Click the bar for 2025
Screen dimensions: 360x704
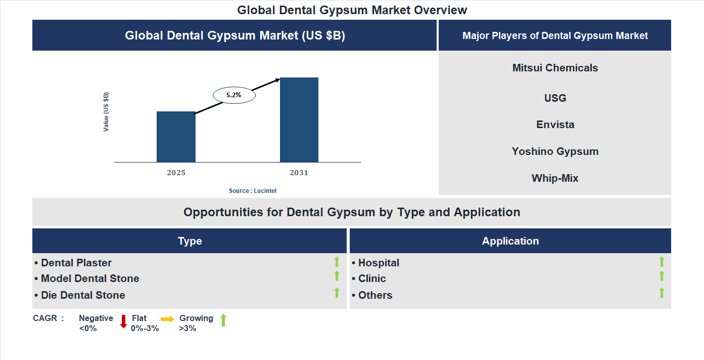pos(176,137)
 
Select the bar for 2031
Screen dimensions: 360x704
pos(299,120)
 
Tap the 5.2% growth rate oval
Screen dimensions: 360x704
pos(234,95)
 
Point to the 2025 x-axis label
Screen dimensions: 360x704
pos(176,173)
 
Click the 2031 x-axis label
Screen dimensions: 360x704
pos(299,173)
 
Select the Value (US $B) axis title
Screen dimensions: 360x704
pos(106,112)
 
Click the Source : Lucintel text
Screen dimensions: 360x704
pos(253,191)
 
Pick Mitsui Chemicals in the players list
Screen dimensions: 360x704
pos(555,68)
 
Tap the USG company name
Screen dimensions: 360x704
pos(555,98)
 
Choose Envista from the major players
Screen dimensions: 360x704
pos(555,125)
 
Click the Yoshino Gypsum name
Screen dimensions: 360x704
pos(555,151)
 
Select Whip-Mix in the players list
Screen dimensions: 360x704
pos(555,178)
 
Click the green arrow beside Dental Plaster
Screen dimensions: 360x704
pos(337,262)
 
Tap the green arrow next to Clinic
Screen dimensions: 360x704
pos(662,276)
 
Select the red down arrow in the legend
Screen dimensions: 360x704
pos(123,322)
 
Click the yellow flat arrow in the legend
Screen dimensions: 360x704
pos(167,319)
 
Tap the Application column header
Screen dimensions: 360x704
pos(510,241)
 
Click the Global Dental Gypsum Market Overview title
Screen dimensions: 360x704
pos(352,10)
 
